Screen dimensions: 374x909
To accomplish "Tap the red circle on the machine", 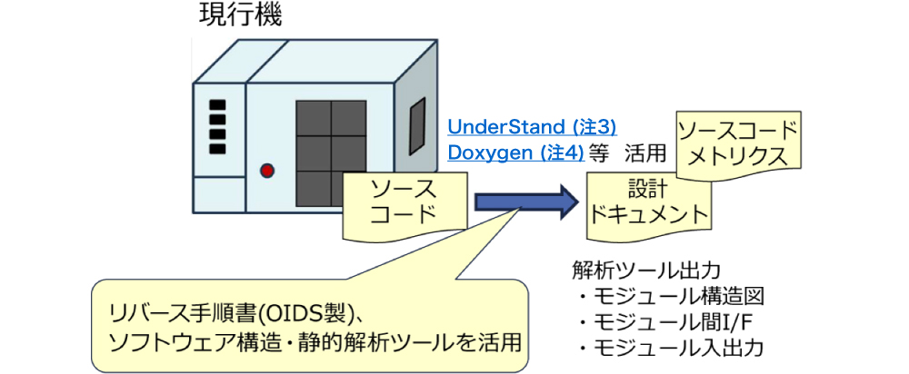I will (x=267, y=170).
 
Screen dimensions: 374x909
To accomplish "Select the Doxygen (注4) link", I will (x=516, y=152).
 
